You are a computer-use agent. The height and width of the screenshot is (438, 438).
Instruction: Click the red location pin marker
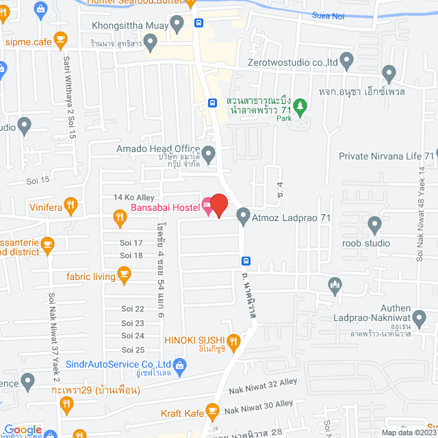[x=218, y=205]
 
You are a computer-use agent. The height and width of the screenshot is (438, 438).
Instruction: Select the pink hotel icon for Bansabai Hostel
[x=207, y=206]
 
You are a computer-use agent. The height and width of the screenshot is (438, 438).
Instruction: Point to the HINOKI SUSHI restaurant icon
[x=233, y=340]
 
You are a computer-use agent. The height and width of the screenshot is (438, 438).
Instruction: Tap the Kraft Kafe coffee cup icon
[x=212, y=412]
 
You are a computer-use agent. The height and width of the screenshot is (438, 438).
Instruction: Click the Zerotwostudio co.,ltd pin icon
[x=347, y=62]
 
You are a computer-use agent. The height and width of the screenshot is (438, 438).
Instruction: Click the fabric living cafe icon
[x=124, y=276]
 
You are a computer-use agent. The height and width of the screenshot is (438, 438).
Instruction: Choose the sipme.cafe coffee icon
[x=61, y=39]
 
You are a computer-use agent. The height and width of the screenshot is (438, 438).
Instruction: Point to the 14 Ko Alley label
[x=133, y=197]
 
